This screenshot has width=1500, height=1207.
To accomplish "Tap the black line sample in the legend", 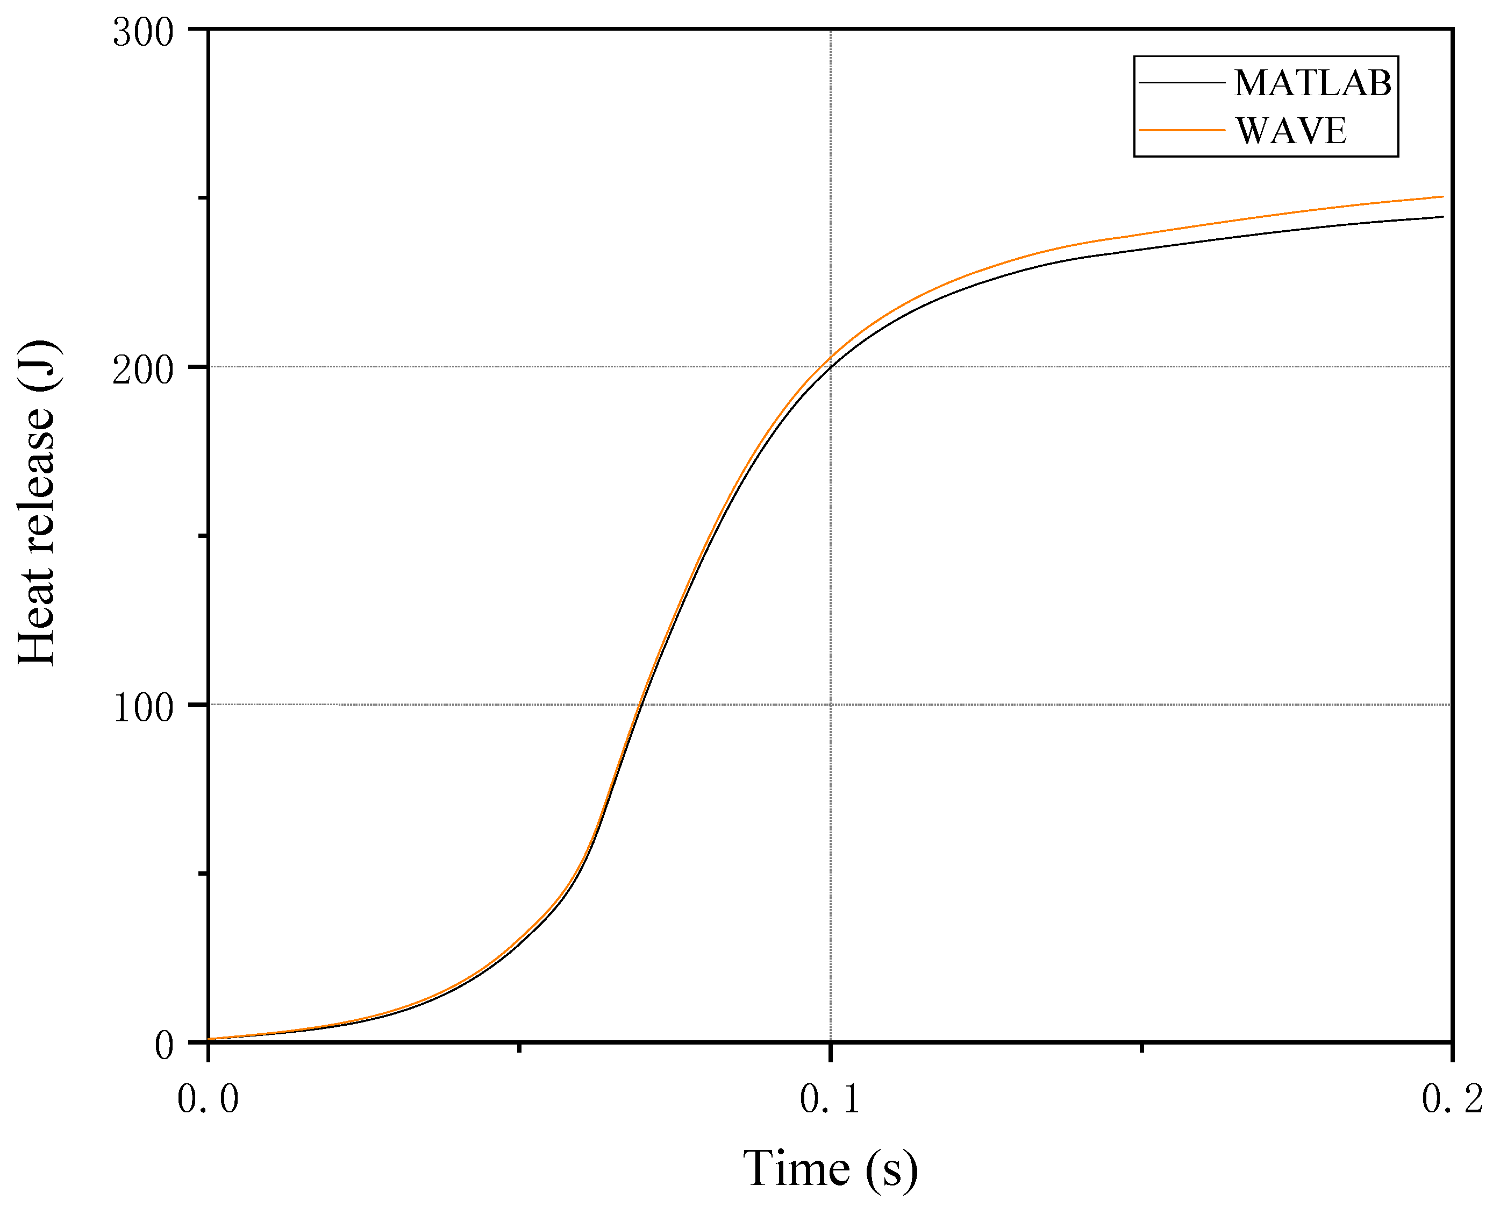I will [x=1181, y=83].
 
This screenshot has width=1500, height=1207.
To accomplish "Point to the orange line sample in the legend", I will [x=1181, y=130].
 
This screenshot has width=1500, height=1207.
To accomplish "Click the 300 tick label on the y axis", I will [x=142, y=32].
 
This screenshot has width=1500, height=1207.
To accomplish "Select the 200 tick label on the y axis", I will [x=142, y=369].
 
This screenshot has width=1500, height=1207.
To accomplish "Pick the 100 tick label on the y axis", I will [x=142, y=707].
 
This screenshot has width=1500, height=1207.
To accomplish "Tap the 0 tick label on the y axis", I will [x=164, y=1045].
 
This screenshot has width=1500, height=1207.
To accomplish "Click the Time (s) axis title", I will [x=830, y=1167].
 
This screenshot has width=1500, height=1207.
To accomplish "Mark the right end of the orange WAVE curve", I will [x=1443, y=196].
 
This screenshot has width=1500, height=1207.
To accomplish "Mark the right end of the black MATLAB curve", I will [x=1443, y=216].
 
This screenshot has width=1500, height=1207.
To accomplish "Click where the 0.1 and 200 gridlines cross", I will [x=831, y=367].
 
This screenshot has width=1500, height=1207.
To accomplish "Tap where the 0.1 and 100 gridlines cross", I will [x=831, y=705].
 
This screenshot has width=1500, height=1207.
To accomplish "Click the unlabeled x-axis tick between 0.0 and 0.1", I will [x=519, y=1046].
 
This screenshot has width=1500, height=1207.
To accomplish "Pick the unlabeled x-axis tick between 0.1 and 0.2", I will [x=1141, y=1046].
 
